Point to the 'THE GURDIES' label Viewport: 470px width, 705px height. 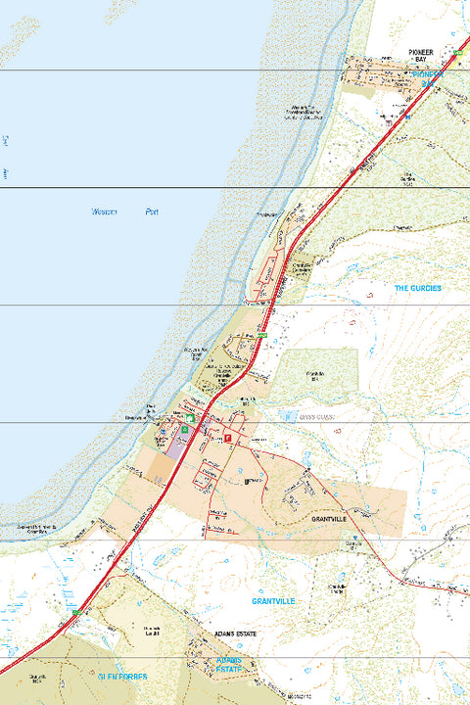417,289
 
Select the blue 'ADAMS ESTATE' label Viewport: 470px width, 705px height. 234,667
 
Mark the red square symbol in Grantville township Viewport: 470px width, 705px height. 228,440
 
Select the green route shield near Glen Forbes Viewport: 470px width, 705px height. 75,611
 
